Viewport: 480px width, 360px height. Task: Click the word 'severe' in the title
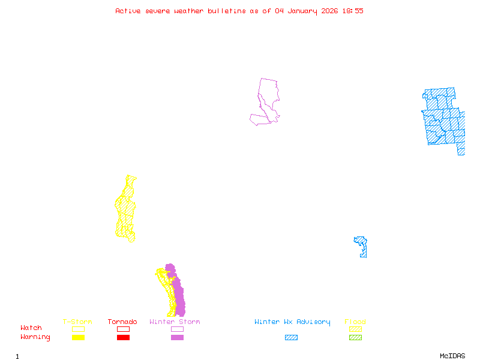(158, 11)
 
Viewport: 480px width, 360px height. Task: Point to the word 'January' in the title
(302, 11)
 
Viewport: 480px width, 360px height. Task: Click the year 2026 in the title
(330, 11)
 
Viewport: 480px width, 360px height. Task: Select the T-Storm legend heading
(77, 322)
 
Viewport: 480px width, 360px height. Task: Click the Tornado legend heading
(122, 322)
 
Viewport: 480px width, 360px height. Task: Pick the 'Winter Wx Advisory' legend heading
(292, 322)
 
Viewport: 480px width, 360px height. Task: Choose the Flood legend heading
(355, 322)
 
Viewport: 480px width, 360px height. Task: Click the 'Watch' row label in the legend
(31, 328)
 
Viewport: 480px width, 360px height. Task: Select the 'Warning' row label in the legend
(35, 337)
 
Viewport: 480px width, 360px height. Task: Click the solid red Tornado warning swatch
(123, 338)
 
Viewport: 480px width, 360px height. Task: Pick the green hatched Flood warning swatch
(355, 338)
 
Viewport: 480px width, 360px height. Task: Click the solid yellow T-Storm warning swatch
(78, 338)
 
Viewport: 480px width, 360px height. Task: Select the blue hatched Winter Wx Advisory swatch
(291, 338)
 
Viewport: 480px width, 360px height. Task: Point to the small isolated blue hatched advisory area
(362, 246)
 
